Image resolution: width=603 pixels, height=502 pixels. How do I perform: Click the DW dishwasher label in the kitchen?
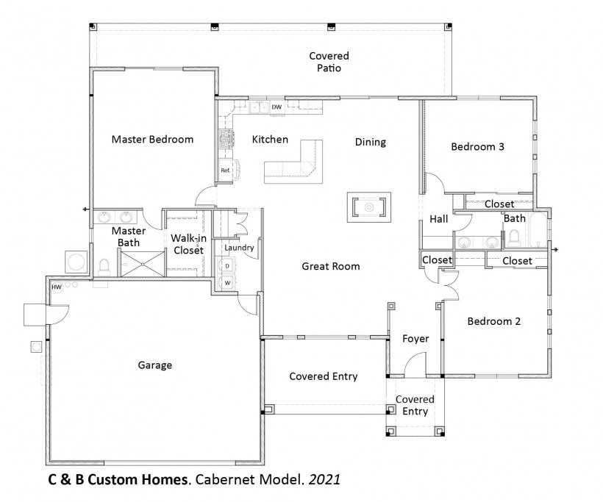276,107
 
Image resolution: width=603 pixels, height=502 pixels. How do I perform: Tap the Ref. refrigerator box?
225,170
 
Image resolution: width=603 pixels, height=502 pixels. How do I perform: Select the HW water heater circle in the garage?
57,287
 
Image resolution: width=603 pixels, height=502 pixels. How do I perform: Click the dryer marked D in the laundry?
227,265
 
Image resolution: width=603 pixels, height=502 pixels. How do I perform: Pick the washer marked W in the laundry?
227,283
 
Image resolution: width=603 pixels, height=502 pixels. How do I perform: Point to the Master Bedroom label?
152,139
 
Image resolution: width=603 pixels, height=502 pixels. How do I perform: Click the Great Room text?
331,266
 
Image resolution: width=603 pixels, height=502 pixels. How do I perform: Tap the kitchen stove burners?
227,139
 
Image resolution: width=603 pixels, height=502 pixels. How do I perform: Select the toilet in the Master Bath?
104,267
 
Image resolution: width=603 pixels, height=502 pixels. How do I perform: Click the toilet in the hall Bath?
514,238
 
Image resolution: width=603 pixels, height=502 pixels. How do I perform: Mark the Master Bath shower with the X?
143,264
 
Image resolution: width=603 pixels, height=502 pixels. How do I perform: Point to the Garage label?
155,365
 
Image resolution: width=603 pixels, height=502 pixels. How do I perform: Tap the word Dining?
371,142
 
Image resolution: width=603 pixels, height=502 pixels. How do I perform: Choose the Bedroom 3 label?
477,146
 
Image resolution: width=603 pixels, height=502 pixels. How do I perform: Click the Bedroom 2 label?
493,321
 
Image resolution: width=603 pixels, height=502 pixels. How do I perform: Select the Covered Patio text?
329,62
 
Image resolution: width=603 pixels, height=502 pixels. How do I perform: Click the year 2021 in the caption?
324,479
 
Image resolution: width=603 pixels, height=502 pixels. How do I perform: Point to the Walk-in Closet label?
188,244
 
